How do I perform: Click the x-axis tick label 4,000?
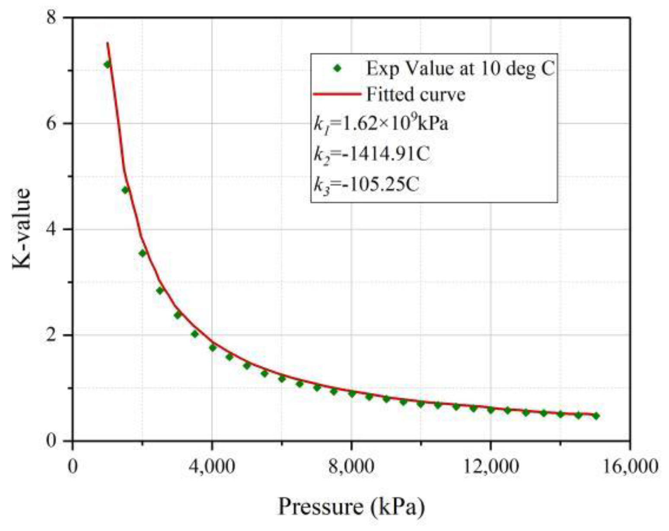212,467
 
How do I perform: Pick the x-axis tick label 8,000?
351,467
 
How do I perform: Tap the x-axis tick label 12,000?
491,467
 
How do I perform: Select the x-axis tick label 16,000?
630,467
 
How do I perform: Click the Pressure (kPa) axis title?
351,506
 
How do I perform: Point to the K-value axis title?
22,228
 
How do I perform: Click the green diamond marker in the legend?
338,68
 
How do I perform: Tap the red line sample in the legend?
337,94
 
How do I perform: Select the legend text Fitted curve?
416,94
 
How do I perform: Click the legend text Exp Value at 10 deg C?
460,68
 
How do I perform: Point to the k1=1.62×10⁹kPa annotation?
381,124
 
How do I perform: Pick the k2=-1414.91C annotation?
372,154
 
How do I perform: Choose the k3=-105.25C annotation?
366,185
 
